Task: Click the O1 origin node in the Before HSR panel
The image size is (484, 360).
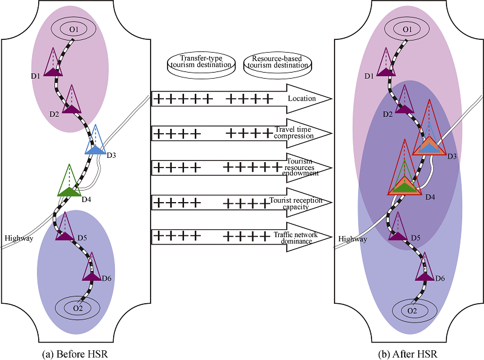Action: click(73, 29)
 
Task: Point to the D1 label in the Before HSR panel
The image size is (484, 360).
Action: click(36, 76)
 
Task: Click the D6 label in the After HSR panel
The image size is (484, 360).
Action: click(440, 278)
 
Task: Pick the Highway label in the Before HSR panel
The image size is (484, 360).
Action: click(19, 238)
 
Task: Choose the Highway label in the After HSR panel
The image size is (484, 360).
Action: click(353, 238)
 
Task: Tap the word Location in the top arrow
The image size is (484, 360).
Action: click(302, 99)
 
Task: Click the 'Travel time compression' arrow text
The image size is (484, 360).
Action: click(293, 133)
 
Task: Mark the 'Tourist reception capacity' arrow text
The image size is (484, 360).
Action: click(296, 203)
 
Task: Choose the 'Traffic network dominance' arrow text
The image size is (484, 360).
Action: click(296, 238)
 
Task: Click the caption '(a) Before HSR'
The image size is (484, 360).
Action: click(75, 354)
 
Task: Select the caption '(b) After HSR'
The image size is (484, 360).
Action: click(408, 354)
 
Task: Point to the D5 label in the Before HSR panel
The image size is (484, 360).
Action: click(82, 238)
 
